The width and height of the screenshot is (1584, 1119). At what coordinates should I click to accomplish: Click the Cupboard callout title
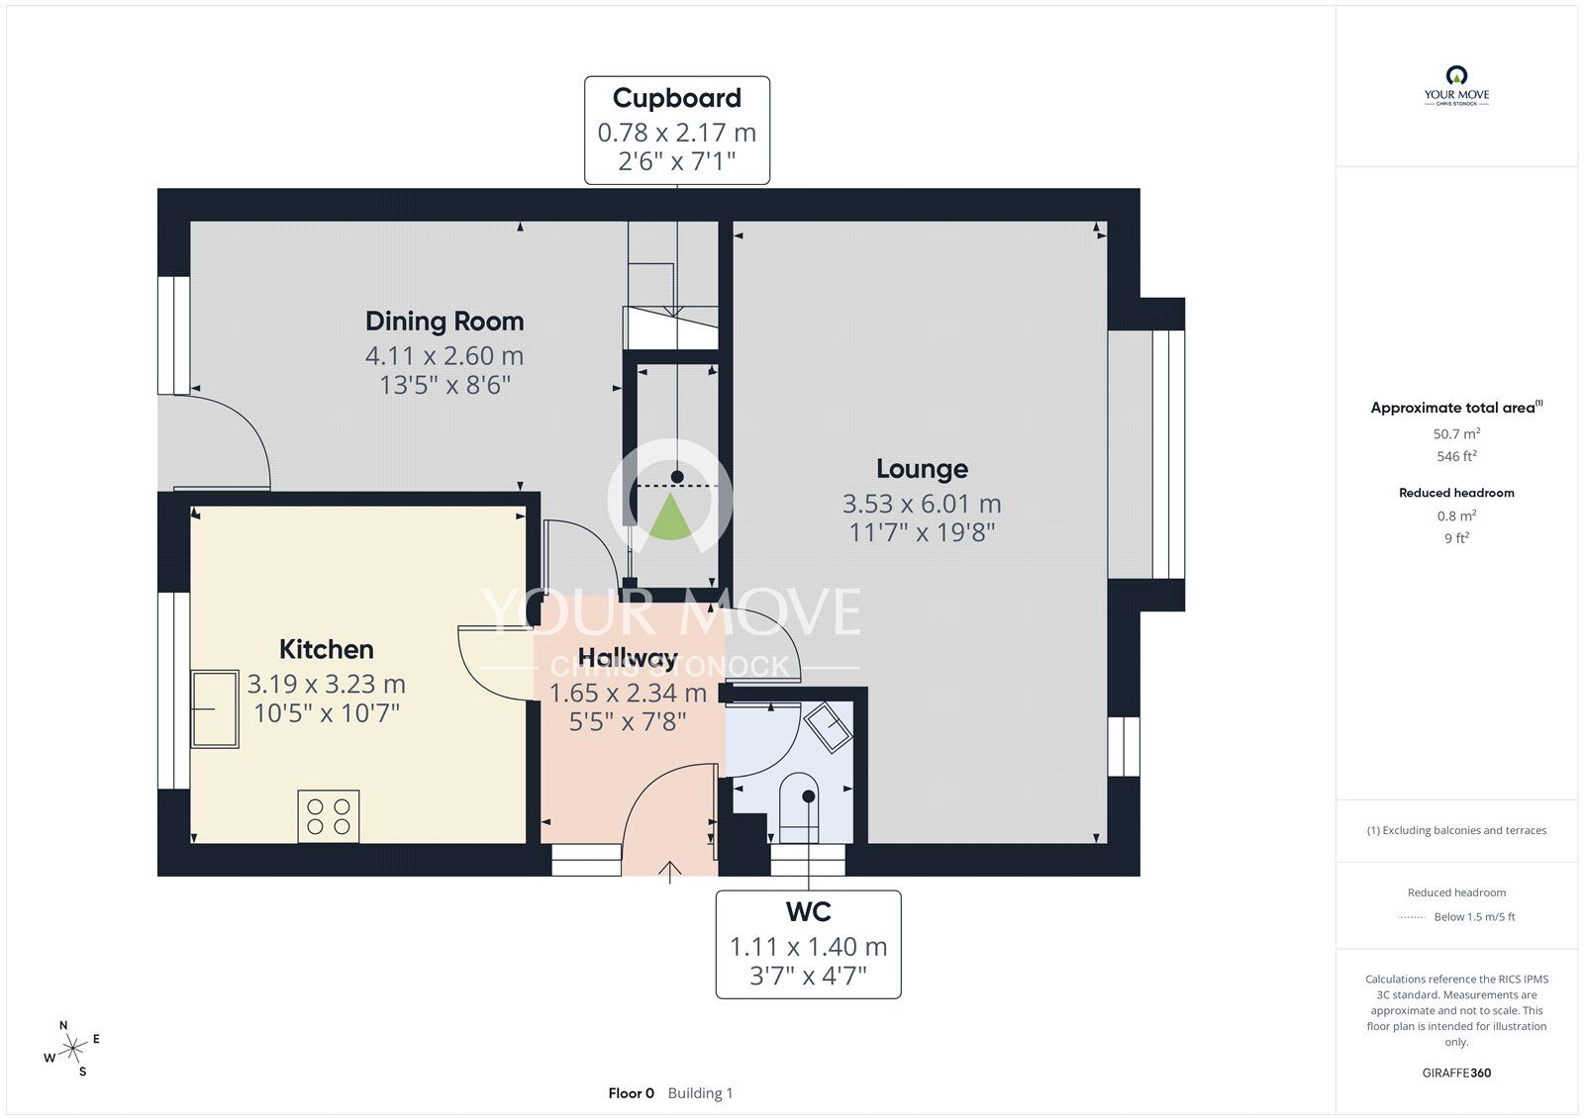[x=676, y=98]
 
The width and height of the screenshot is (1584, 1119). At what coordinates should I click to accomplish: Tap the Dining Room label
[x=445, y=322]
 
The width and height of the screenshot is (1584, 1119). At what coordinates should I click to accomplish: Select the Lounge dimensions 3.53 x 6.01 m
[x=922, y=504]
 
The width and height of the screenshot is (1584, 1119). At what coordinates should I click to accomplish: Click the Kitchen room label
[x=326, y=649]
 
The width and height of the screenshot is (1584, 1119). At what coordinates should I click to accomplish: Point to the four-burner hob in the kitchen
[x=329, y=816]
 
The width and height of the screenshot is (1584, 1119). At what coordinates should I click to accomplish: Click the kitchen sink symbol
[x=215, y=708]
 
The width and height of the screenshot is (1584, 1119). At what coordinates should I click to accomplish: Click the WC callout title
[x=808, y=911]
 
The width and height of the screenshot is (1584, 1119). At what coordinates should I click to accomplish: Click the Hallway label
[x=628, y=658]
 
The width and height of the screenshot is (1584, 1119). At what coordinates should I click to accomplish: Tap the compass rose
[x=72, y=1049]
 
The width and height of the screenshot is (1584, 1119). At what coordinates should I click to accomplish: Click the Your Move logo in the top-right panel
[x=1456, y=85]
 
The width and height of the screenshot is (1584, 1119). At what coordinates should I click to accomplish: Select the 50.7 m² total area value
[x=1456, y=433]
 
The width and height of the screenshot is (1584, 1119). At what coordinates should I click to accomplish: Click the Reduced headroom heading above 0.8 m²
[x=1456, y=493]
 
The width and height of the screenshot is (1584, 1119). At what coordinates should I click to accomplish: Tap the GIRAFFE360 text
[x=1456, y=1072]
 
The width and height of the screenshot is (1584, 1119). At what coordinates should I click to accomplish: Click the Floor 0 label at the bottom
[x=631, y=1093]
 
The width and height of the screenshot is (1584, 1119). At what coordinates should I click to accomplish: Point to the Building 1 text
[x=700, y=1093]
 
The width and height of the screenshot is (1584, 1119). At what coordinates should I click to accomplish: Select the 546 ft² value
[x=1456, y=456]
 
